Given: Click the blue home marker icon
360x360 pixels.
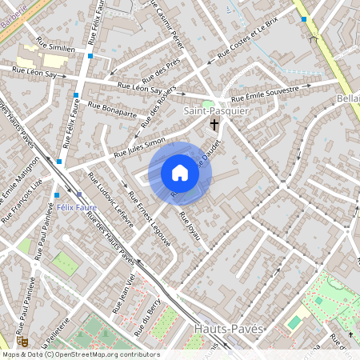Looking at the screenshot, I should (180, 172).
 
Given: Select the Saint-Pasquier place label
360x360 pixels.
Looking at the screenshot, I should (216, 110).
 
